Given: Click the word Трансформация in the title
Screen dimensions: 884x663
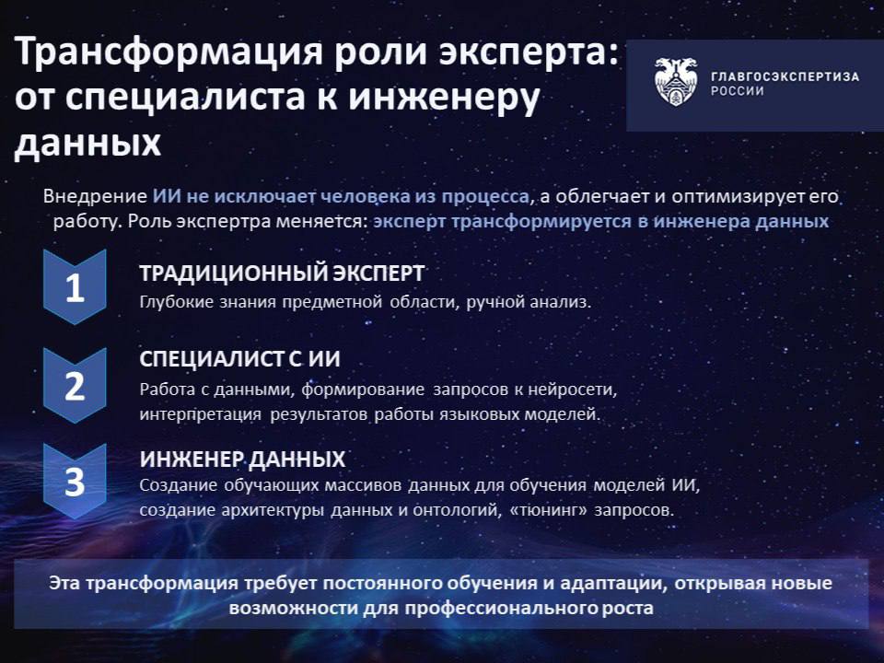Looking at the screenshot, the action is pyautogui.click(x=169, y=51).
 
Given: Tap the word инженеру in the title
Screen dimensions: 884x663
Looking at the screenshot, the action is pyautogui.click(x=444, y=98).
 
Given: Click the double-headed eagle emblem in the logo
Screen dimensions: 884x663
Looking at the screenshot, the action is pyautogui.click(x=676, y=82).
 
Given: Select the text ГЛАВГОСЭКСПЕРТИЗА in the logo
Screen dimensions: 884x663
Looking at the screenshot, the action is pyautogui.click(x=785, y=76).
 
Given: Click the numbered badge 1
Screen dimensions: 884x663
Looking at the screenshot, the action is pyautogui.click(x=75, y=287).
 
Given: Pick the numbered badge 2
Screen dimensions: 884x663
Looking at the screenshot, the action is pyautogui.click(x=75, y=386).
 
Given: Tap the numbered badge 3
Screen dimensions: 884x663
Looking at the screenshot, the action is pyautogui.click(x=75, y=482).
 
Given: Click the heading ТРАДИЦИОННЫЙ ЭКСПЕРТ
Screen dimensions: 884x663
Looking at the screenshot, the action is pyautogui.click(x=282, y=273).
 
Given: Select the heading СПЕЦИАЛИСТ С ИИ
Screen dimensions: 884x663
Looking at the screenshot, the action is pyautogui.click(x=239, y=359).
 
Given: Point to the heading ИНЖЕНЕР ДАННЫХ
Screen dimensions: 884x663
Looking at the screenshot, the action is pyautogui.click(x=242, y=459).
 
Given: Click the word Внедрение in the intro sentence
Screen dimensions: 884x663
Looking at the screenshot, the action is pyautogui.click(x=95, y=196).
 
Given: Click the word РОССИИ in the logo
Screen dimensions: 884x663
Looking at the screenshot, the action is pyautogui.click(x=738, y=91).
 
